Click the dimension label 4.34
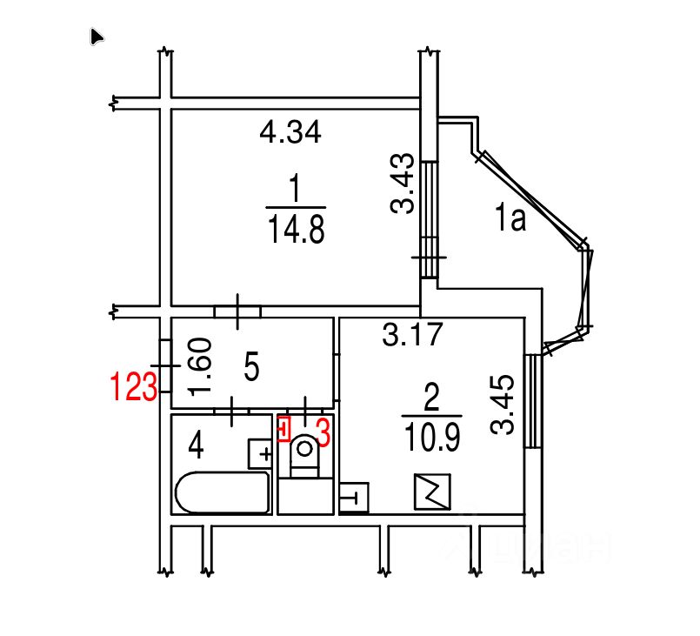(290, 132)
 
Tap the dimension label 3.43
(403, 183)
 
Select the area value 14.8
(296, 229)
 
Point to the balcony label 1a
(510, 218)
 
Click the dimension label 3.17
(412, 334)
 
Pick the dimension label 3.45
(503, 405)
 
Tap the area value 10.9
(431, 438)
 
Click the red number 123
(134, 386)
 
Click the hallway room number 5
(252, 366)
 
